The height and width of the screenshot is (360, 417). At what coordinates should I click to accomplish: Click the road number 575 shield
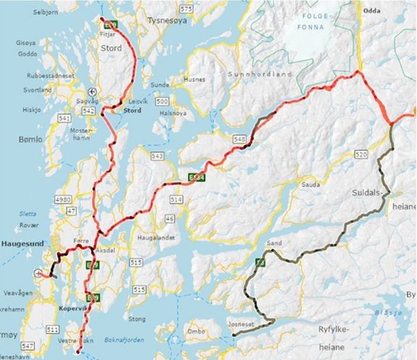(188, 8)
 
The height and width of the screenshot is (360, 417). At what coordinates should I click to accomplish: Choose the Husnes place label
(195, 79)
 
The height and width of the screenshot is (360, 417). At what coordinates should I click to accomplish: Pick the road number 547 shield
(28, 346)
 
